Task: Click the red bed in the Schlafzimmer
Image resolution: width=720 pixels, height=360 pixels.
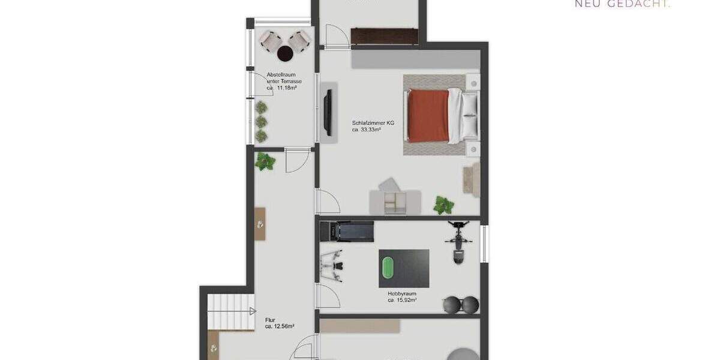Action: pyautogui.click(x=428, y=115)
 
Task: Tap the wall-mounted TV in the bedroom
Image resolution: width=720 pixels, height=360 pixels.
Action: pyautogui.click(x=328, y=112)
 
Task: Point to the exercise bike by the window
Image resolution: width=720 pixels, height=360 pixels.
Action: pyautogui.click(x=458, y=242)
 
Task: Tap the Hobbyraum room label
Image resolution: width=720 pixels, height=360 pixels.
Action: pyautogui.click(x=401, y=294)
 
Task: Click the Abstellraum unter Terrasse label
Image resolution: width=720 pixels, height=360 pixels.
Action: pyautogui.click(x=284, y=78)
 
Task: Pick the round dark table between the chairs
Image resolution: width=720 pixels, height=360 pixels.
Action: pyautogui.click(x=285, y=54)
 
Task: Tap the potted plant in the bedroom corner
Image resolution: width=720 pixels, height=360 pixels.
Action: pyautogui.click(x=444, y=205)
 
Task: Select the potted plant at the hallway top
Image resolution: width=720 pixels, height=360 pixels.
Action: pyautogui.click(x=265, y=161)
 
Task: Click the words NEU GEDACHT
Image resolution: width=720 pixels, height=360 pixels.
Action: pyautogui.click(x=623, y=4)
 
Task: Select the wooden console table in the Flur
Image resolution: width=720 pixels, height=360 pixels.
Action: pyautogui.click(x=260, y=224)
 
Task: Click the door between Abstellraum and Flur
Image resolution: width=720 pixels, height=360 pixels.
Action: pyautogui.click(x=297, y=159)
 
